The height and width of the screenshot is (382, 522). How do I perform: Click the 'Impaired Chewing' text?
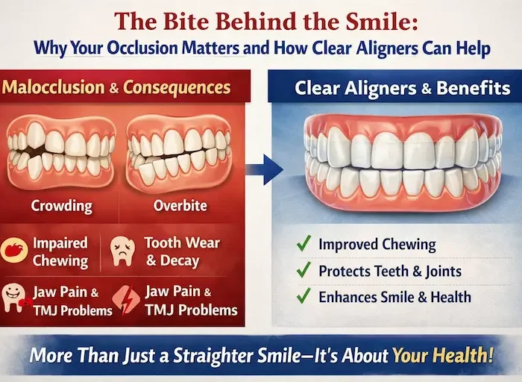click(60, 252)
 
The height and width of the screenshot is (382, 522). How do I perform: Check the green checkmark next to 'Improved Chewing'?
click(303, 244)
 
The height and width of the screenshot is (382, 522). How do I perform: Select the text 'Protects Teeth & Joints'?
click(390, 271)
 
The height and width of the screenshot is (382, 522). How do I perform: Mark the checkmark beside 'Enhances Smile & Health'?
click(303, 297)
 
